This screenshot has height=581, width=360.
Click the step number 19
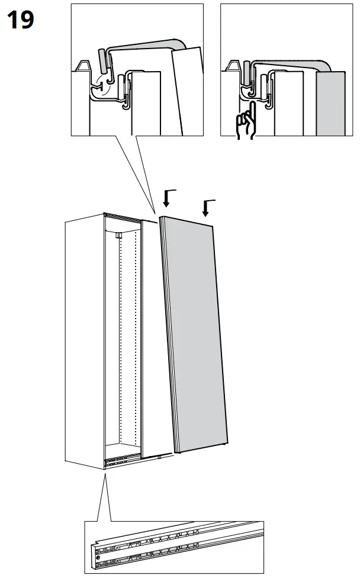click(x=21, y=20)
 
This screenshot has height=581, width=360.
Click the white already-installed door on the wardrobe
click(x=152, y=338)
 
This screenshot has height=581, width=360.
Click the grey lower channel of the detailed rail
click(x=178, y=554)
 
